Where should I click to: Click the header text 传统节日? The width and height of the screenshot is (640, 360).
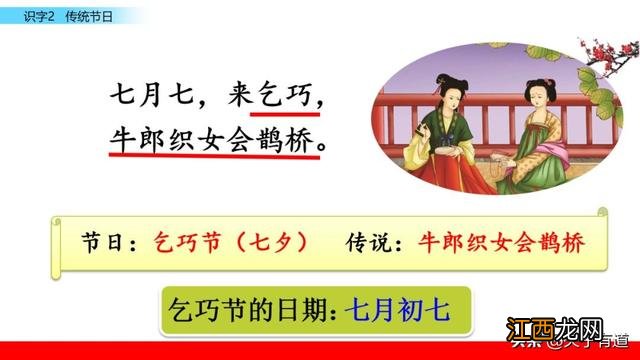click(87, 12)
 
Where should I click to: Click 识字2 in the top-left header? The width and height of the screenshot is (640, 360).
click(38, 12)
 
